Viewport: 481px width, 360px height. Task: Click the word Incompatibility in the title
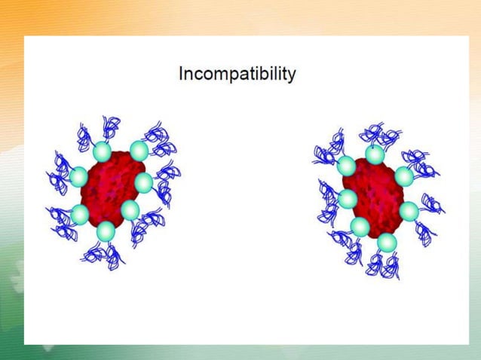[x=237, y=75]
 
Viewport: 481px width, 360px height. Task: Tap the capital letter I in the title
[x=181, y=74]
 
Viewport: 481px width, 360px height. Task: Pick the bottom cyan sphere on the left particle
[x=106, y=230]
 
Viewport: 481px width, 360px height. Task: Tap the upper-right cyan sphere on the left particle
[x=139, y=151]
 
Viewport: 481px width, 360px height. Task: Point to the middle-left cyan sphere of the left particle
[x=78, y=178]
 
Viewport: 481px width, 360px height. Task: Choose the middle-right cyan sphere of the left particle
[x=143, y=182]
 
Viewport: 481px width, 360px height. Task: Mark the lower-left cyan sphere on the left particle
[x=80, y=215]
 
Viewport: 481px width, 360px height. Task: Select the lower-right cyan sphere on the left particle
[x=130, y=209]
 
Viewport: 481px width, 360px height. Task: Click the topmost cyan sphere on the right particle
[x=375, y=154]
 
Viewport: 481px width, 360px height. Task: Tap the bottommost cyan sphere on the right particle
[x=387, y=243]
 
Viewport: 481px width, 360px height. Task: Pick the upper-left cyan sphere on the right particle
[x=346, y=166]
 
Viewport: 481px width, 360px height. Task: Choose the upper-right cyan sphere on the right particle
[x=404, y=176]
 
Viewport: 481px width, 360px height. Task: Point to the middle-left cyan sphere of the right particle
[x=348, y=200]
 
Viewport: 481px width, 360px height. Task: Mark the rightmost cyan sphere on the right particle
[x=409, y=211]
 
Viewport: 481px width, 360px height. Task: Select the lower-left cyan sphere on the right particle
[x=360, y=226]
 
